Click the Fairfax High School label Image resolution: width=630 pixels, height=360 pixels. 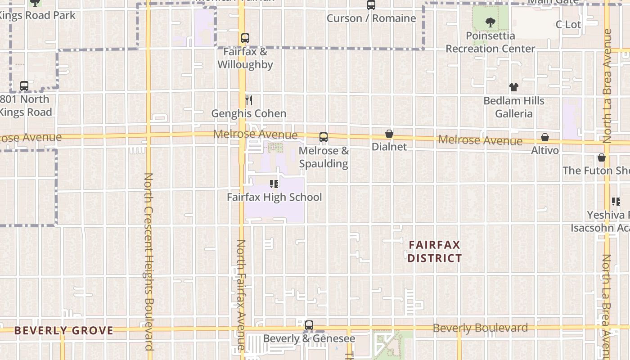pos(274,197)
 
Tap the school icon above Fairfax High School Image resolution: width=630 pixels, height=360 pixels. pos(274,184)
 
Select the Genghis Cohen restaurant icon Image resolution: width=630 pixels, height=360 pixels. pos(248,100)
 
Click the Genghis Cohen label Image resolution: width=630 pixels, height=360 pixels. pos(248,113)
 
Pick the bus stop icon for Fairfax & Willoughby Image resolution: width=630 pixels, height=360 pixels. pos(245,38)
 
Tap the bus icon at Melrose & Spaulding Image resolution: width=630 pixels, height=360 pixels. pos(323,137)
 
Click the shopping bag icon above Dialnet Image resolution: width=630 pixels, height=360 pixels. pos(389,134)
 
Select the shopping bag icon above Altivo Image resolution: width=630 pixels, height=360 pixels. pos(544,137)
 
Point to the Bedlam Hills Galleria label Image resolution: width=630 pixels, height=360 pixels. pos(513,107)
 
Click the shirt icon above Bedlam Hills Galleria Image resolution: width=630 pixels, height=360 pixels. pos(513,87)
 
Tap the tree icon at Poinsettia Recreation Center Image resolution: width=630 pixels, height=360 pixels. pos(490,22)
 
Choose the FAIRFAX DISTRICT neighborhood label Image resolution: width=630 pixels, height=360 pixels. pos(435,251)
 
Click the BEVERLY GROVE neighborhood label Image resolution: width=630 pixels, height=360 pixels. pos(63,331)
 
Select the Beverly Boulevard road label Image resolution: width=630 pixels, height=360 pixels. pos(480,328)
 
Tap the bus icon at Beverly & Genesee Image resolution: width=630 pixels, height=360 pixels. pos(309,325)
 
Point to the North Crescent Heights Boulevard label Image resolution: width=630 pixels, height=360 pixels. pos(149,261)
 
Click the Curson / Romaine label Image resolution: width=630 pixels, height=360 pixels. pos(371,18)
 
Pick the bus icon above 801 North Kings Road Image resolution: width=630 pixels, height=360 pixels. pos(24,85)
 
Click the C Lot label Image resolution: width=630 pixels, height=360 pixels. pos(568,25)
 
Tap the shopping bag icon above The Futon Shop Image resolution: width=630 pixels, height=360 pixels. pos(601,157)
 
